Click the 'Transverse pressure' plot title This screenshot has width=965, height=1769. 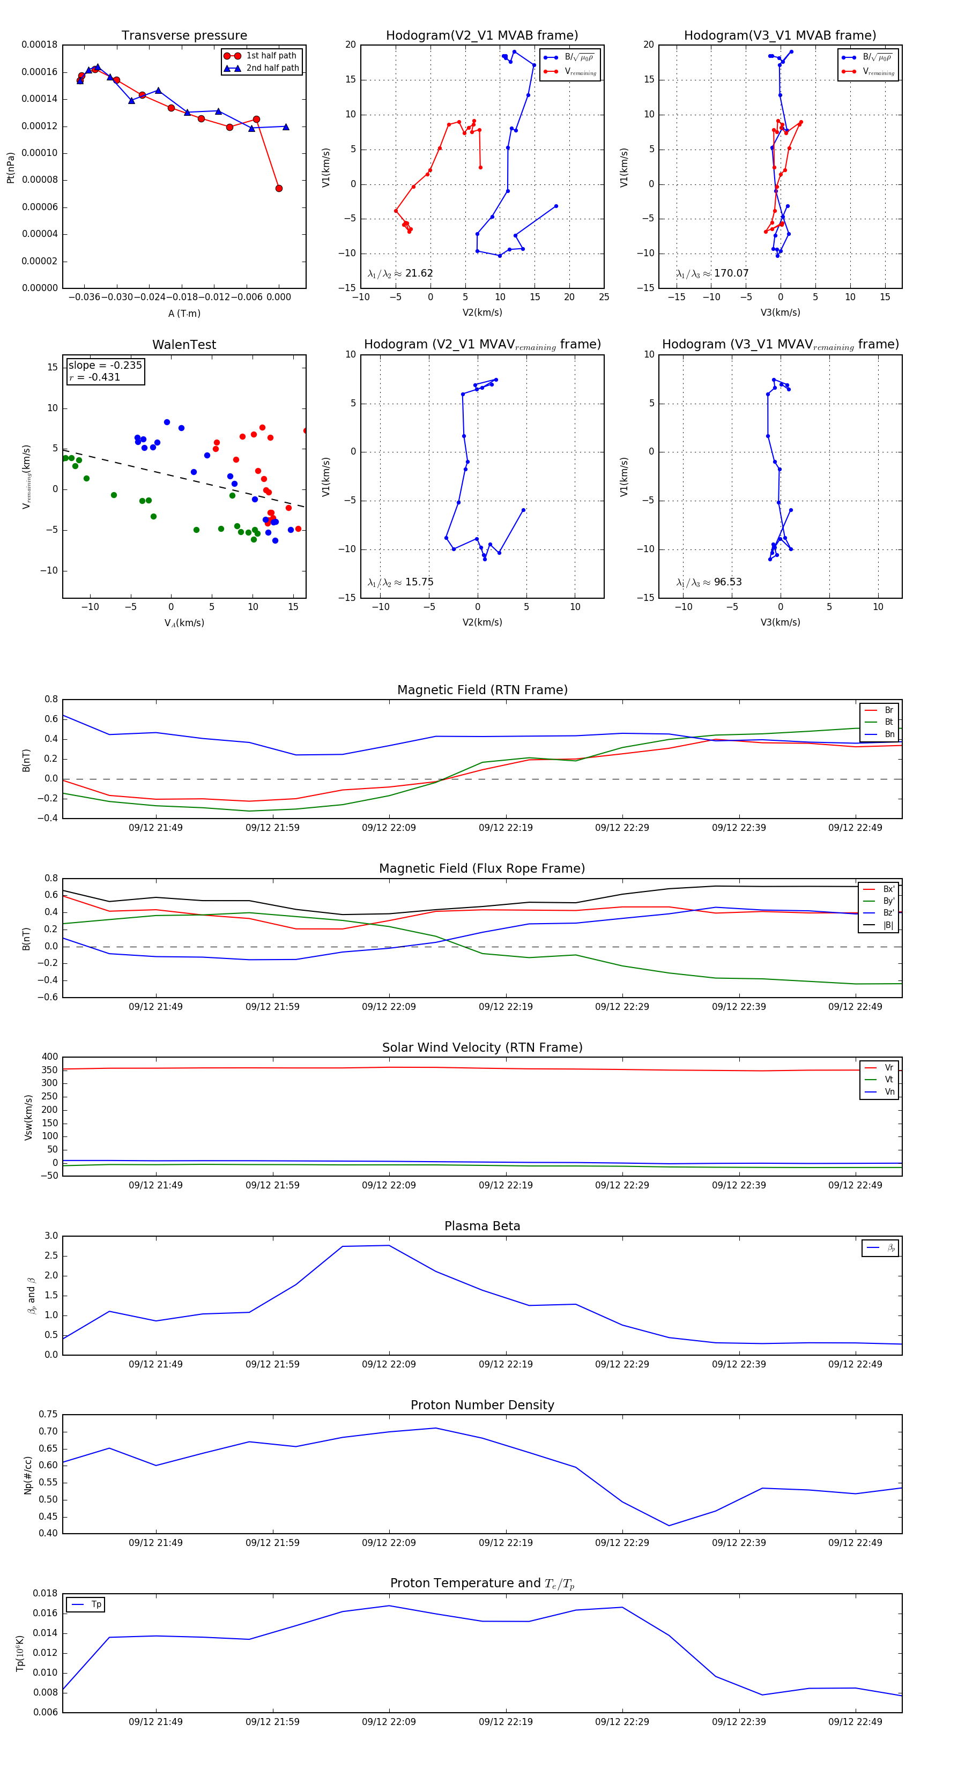point(184,36)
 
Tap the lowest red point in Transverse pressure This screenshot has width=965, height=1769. point(279,188)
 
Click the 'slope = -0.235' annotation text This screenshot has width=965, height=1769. point(105,366)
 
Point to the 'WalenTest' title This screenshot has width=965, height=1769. point(184,345)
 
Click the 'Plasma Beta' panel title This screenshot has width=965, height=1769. point(482,1226)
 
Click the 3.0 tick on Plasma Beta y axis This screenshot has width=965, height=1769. point(51,1236)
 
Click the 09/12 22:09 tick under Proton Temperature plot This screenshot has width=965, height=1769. point(389,1722)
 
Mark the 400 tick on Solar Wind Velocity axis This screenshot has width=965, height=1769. point(49,1057)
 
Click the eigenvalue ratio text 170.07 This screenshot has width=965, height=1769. point(731,273)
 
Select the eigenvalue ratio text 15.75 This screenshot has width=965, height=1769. point(419,582)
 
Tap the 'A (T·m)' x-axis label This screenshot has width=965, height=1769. point(184,313)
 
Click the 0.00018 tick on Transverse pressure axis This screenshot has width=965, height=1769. point(39,44)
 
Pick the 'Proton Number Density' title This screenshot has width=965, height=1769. point(482,1405)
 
